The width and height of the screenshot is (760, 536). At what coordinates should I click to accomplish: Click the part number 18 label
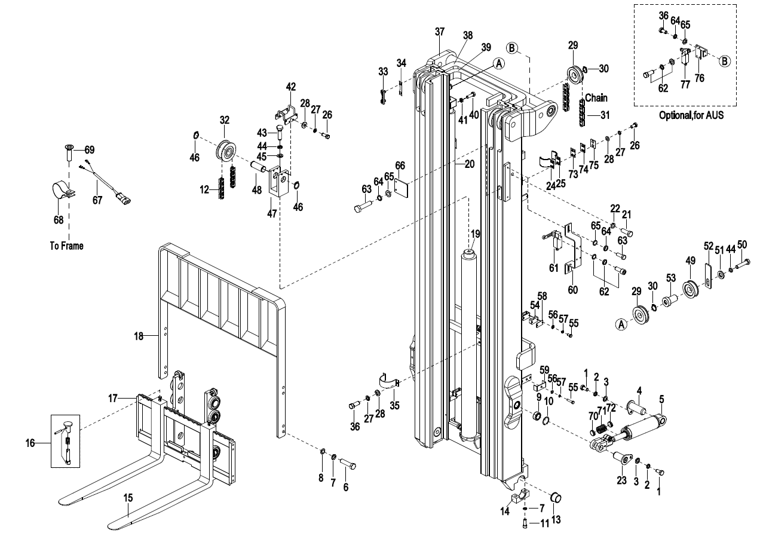pyautogui.click(x=138, y=336)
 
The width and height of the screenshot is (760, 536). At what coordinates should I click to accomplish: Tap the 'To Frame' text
pyautogui.click(x=67, y=246)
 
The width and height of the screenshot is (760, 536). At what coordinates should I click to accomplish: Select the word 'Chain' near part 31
pyautogui.click(x=596, y=97)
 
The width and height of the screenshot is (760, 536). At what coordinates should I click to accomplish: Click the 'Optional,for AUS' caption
pyautogui.click(x=691, y=115)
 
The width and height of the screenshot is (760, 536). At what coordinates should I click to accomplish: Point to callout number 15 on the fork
pyautogui.click(x=128, y=497)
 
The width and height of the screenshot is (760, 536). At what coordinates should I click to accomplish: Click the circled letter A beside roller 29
pyautogui.click(x=621, y=324)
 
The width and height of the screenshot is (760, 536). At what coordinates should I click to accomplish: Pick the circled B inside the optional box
pyautogui.click(x=725, y=60)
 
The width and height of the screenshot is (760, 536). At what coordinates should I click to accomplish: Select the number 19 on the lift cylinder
pyautogui.click(x=475, y=234)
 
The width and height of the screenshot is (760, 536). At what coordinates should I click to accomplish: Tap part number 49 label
pyautogui.click(x=690, y=260)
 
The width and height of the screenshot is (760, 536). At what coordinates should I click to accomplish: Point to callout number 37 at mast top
pyautogui.click(x=440, y=31)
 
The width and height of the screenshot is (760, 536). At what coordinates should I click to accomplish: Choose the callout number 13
pyautogui.click(x=556, y=520)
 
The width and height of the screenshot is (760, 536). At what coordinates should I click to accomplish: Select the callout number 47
pyautogui.click(x=272, y=213)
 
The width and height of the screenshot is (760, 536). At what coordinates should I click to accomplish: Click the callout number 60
pyautogui.click(x=572, y=290)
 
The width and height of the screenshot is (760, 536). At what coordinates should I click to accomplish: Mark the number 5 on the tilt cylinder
pyautogui.click(x=661, y=399)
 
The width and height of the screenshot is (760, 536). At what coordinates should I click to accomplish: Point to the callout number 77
pyautogui.click(x=685, y=84)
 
